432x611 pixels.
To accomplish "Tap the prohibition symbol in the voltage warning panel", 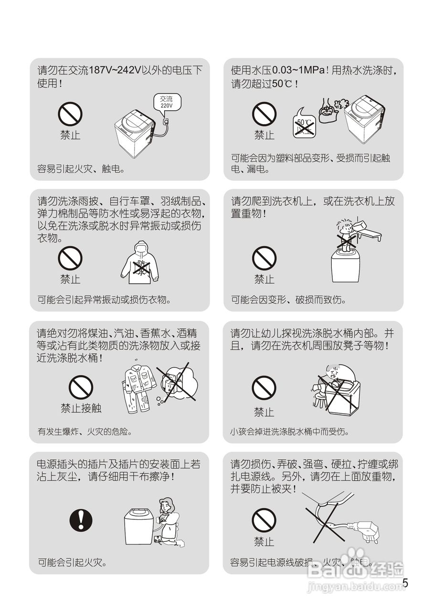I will pos(70,115).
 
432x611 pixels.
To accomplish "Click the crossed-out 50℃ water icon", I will pos(303,126).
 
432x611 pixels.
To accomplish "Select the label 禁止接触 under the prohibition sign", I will pos(81,409).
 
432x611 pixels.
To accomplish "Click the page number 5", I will pos(405,583).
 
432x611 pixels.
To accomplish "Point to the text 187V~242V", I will pos(113,71).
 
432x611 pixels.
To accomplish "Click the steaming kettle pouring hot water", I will pos(328,110).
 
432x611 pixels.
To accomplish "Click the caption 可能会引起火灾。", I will pos(72,562).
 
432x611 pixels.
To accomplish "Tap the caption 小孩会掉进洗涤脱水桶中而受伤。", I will pos(289,432).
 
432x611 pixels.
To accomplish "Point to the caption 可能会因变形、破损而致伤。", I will pos(288,300).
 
